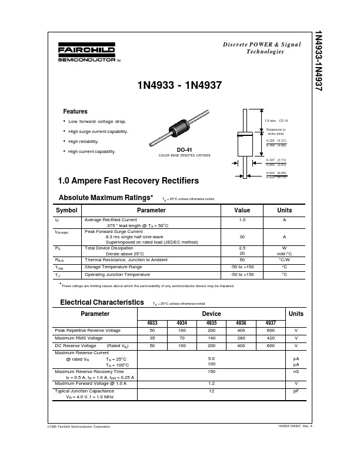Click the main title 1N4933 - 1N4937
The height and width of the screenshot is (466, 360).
[179, 85]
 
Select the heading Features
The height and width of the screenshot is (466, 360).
[75, 111]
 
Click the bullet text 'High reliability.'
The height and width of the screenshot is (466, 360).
[84, 141]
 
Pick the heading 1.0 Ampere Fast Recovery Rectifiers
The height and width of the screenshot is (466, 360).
[129, 181]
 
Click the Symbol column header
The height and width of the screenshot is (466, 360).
[66, 210]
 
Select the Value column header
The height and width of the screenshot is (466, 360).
[242, 210]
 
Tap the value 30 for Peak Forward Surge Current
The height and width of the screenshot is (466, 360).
[242, 237]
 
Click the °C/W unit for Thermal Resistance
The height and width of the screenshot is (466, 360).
[284, 259]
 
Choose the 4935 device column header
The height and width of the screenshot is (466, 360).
[211, 323]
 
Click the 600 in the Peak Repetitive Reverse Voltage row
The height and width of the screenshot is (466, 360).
[271, 331]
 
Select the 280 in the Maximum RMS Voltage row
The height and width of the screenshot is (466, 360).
[241, 338]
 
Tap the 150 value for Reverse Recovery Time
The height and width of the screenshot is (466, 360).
[211, 372]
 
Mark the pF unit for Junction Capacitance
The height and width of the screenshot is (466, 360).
[296, 391]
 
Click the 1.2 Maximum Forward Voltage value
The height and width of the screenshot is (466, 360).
[211, 383]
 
